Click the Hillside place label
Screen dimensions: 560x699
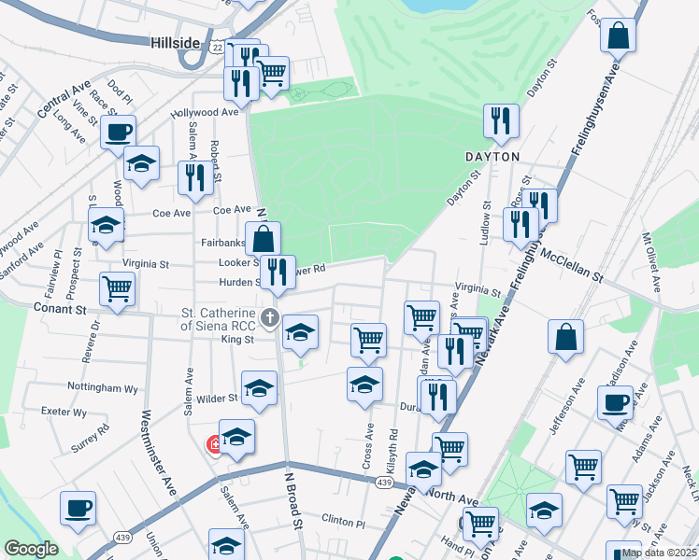pos(174,43)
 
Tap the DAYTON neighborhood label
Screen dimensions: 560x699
pos(492,157)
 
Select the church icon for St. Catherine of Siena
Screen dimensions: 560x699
pos(271,317)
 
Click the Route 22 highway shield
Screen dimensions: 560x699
pos(217,47)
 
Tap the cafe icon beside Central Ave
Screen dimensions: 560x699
pos(119,132)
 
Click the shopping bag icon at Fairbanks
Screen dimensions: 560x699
pos(264,238)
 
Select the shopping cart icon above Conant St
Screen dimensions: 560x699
pos(117,288)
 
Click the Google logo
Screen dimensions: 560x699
pos(31,549)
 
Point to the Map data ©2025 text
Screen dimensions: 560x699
pos(659,553)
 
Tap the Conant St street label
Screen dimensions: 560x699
pos(59,307)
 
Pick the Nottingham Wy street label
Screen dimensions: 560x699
pos(103,386)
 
